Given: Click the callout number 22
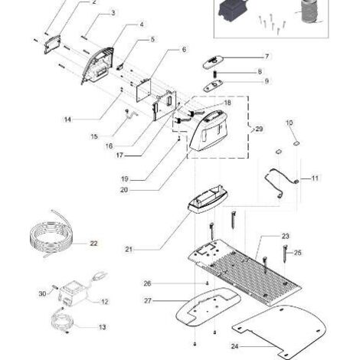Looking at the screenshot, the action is click(93, 244).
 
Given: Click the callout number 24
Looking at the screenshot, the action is click(234, 346).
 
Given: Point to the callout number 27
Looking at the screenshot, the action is click(148, 301).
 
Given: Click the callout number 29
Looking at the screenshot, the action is click(259, 129).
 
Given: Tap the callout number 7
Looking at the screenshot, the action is click(267, 57).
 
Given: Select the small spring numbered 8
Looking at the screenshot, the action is click(214, 74).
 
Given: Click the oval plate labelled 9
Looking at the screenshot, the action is click(213, 85).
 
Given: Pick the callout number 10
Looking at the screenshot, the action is click(290, 123).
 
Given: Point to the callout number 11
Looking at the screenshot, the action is click(315, 178).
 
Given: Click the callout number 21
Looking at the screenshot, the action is click(129, 249).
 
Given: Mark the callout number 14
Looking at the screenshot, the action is click(67, 119).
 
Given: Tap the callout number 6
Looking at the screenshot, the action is click(184, 49).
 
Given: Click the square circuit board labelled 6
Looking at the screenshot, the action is click(143, 90).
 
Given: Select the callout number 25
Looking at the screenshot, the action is click(298, 253).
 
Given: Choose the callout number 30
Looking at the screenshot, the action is click(42, 294).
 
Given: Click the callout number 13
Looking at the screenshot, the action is click(102, 327).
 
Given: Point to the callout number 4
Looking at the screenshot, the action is click(142, 25).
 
